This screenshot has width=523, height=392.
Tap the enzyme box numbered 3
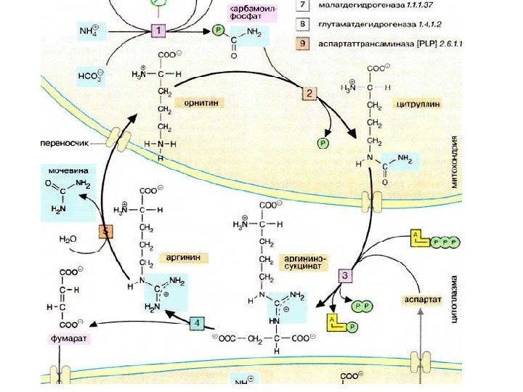click(346, 275)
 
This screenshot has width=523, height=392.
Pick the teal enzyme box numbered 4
click(197, 322)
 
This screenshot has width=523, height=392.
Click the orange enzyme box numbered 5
click(106, 232)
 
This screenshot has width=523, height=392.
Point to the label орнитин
click(198, 104)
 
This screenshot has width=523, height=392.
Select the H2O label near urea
click(68, 237)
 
